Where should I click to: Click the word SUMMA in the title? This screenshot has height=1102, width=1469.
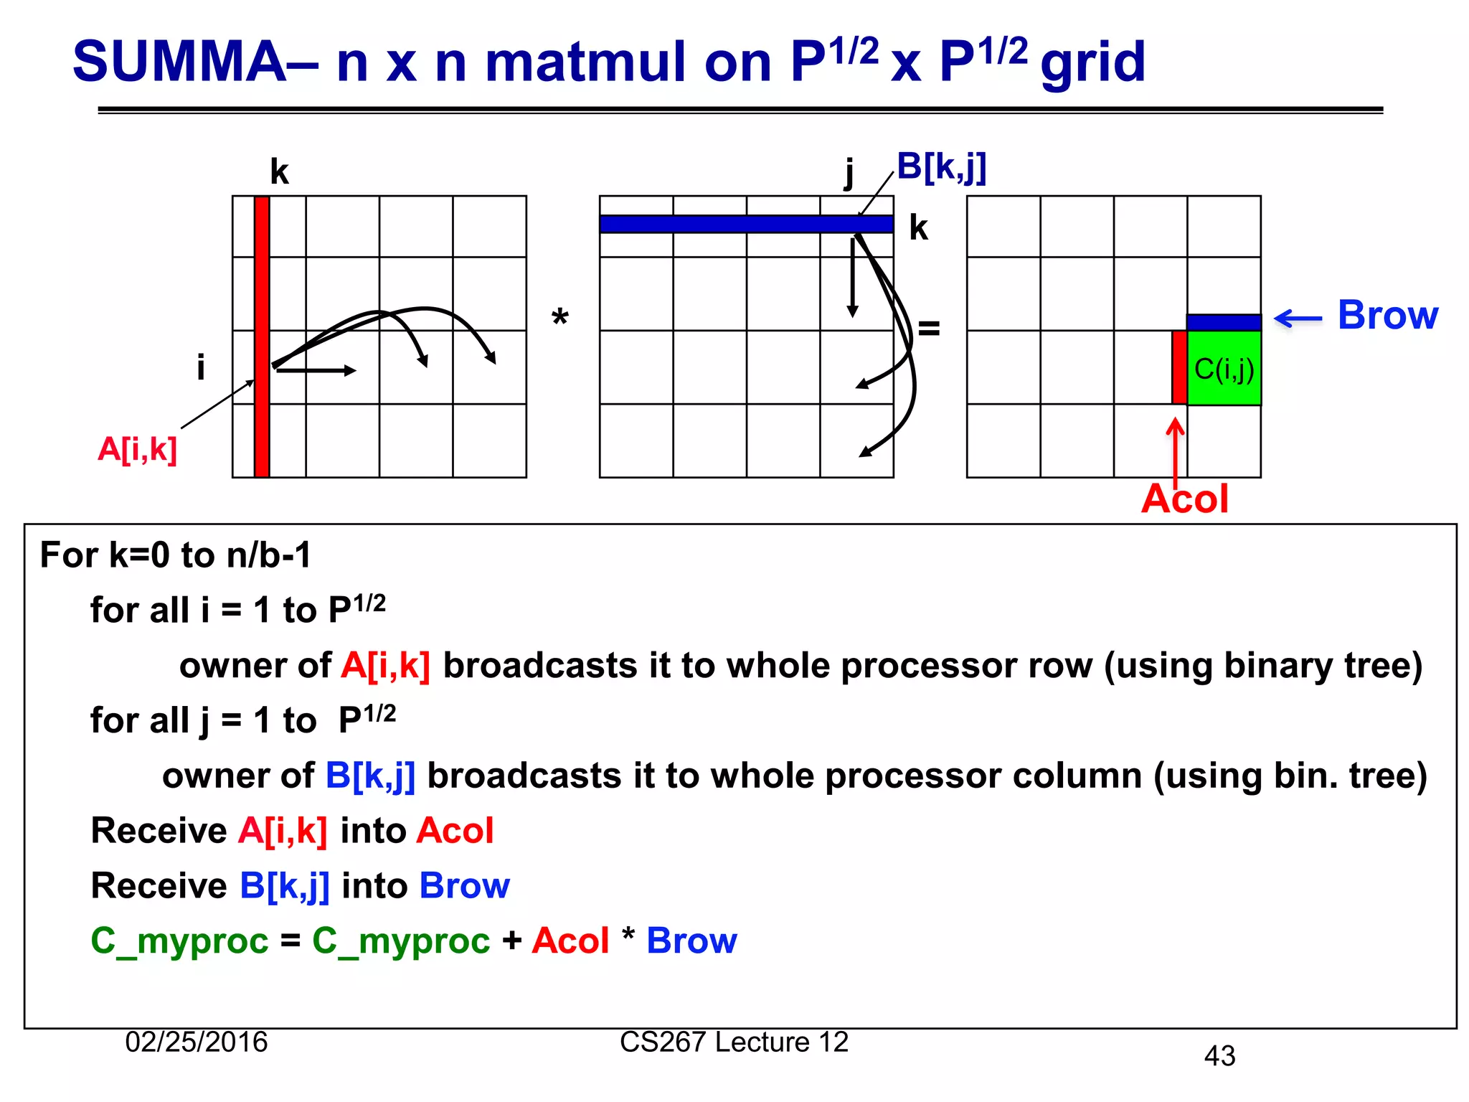179,63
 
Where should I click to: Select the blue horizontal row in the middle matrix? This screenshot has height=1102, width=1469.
746,224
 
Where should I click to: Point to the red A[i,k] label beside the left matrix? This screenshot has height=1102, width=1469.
137,450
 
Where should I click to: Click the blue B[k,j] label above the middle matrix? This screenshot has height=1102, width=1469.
941,167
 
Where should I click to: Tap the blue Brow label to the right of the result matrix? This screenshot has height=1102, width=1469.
1387,315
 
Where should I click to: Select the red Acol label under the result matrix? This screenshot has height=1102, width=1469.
1184,499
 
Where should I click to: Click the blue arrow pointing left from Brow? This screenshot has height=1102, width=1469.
1298,319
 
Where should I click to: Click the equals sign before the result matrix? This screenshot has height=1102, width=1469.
929,329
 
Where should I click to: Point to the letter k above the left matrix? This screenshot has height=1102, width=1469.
279,172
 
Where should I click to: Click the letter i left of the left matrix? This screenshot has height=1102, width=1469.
201,367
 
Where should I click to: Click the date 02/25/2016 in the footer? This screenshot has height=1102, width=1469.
196,1042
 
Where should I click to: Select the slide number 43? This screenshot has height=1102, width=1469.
1219,1056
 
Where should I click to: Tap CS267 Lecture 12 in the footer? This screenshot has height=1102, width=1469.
734,1042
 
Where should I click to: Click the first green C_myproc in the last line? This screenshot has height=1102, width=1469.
179,941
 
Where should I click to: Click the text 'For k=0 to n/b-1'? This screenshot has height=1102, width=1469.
176,555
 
